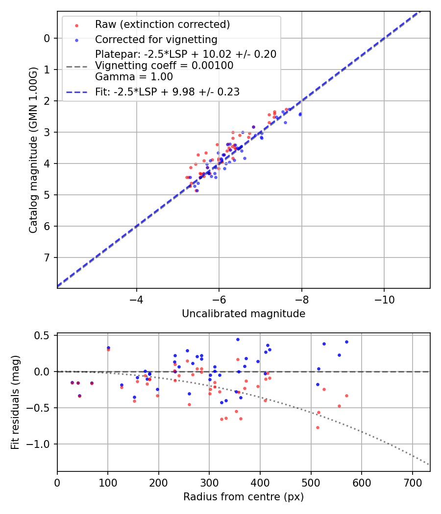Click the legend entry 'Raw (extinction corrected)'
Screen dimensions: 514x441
[162, 24]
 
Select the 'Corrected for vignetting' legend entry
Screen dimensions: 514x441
[156, 39]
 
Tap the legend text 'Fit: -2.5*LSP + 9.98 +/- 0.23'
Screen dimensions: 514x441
[167, 92]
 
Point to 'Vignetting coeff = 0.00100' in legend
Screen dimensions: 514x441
[164, 66]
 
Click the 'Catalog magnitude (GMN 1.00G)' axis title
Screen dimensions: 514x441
[33, 150]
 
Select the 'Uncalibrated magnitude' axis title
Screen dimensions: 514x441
[244, 314]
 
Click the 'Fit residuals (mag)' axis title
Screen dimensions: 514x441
[15, 402]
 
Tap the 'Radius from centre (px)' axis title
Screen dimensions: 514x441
[244, 497]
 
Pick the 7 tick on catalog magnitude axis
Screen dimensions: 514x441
[48, 257]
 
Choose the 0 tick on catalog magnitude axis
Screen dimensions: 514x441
[48, 38]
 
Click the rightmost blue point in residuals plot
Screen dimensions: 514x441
[346, 342]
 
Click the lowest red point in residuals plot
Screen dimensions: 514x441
[318, 427]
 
